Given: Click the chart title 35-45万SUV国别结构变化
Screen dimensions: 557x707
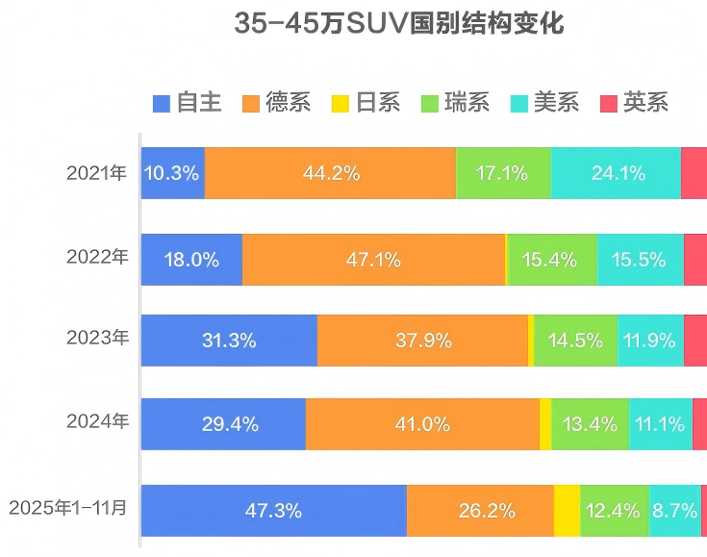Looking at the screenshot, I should tap(399, 24).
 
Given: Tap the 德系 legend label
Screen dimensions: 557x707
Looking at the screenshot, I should tap(288, 102).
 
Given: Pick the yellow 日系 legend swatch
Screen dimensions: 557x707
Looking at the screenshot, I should tap(340, 102).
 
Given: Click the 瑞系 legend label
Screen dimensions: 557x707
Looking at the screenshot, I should tap(467, 102).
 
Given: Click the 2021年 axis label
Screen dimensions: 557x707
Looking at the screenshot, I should tap(96, 174).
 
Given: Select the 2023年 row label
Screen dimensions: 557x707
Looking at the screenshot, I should tap(96, 339).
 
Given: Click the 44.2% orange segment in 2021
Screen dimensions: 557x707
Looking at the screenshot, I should tap(330, 174).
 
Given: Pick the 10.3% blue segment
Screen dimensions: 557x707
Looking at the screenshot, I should tap(172, 174).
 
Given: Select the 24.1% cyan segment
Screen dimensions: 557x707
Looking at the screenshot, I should tap(616, 174).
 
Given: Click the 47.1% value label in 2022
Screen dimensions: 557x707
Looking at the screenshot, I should tap(373, 260).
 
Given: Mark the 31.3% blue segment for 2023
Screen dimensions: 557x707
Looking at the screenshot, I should tap(229, 341).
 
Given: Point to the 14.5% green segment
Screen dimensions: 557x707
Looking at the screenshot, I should tap(575, 341).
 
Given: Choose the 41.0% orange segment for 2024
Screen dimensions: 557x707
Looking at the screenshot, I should tap(422, 424).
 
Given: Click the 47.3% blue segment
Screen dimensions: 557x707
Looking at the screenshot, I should tap(274, 511).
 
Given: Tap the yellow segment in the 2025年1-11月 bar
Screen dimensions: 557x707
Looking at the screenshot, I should tap(567, 511).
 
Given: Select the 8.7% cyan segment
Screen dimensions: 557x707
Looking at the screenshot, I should tap(674, 511).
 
